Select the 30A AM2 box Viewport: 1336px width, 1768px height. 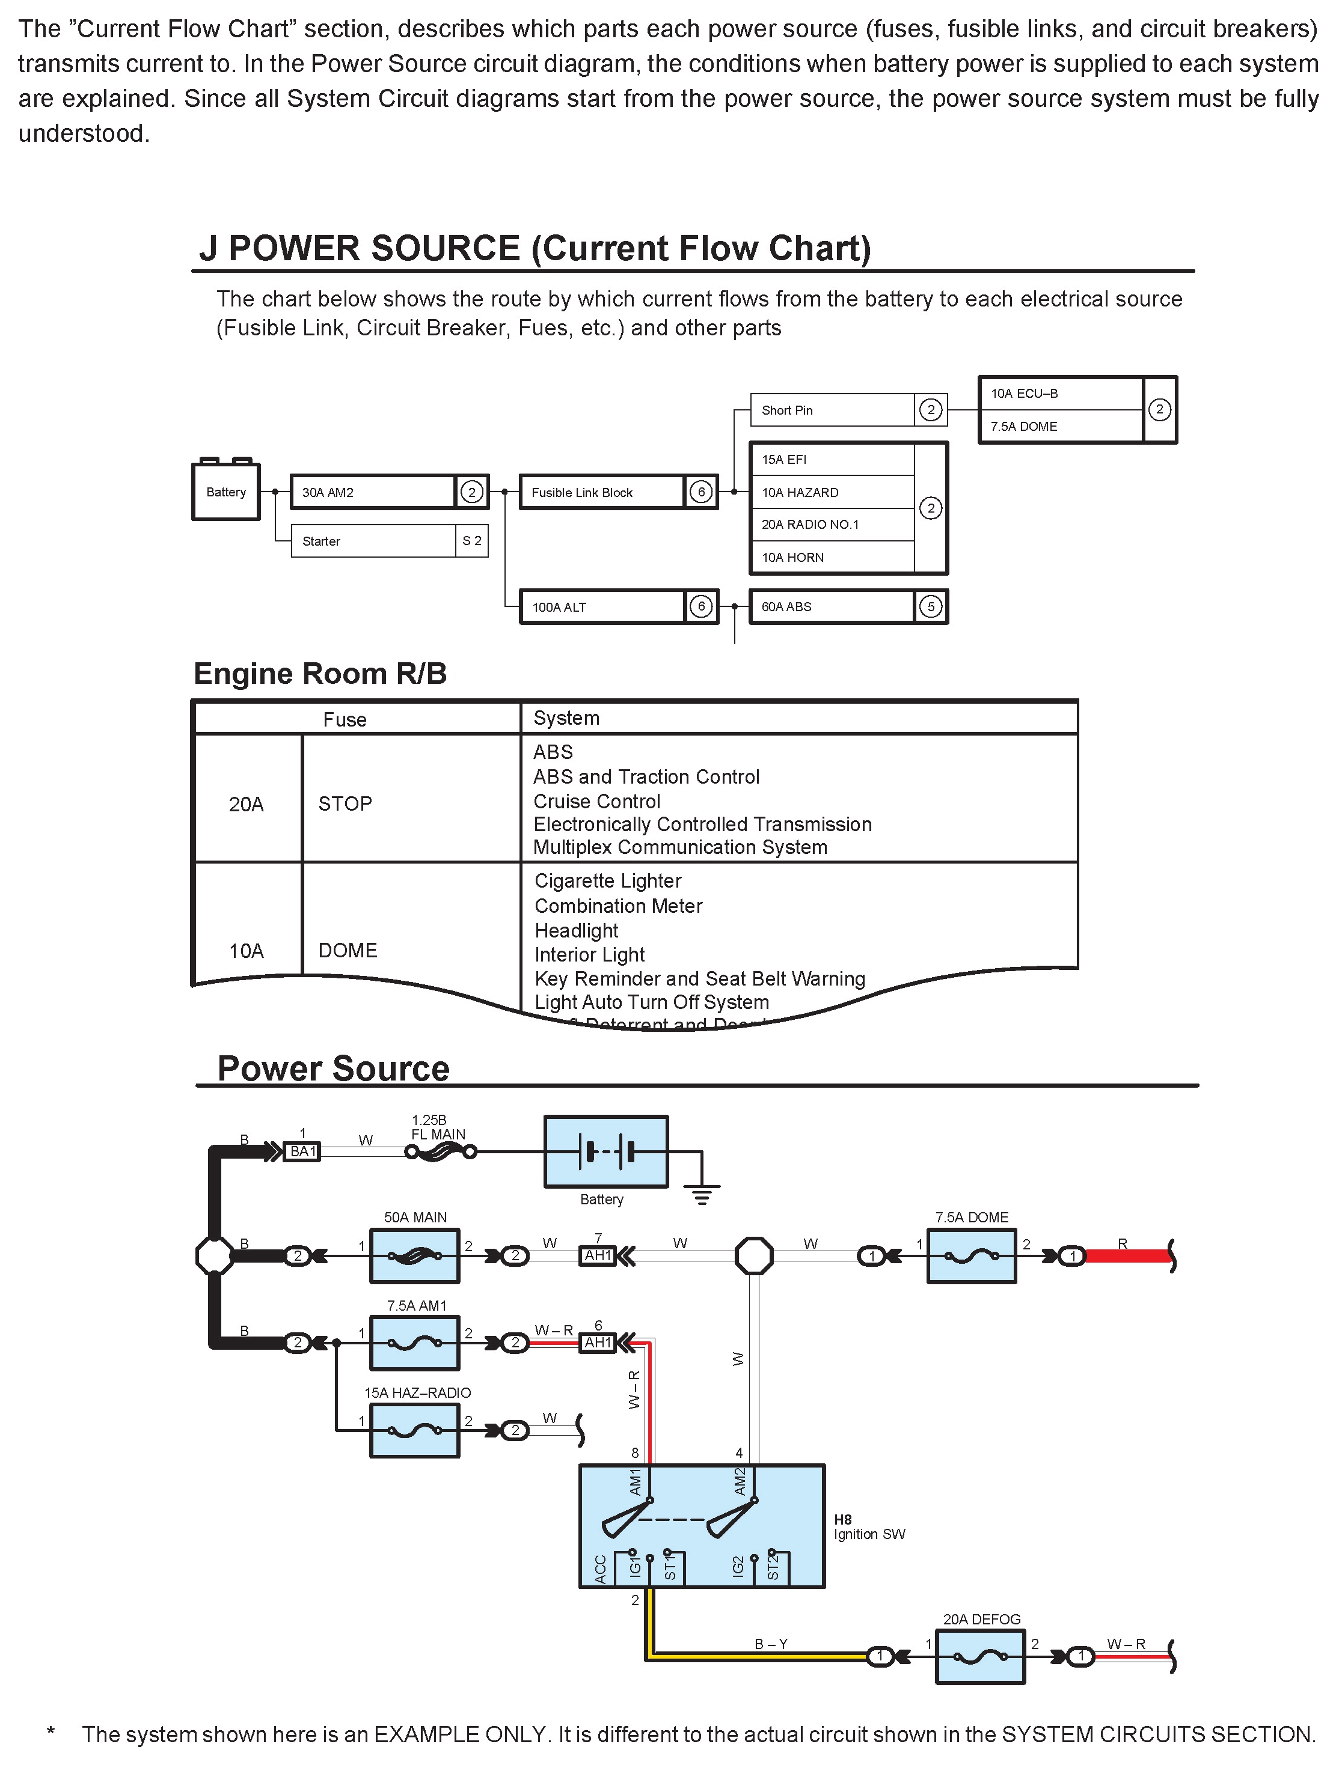(x=373, y=492)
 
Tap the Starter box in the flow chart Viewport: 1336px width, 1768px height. (x=373, y=541)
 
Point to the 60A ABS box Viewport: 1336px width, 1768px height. (x=832, y=606)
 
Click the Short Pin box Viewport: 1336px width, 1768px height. (x=832, y=410)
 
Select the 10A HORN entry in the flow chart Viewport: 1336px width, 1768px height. (x=832, y=557)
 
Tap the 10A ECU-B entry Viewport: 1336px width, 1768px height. (x=1061, y=393)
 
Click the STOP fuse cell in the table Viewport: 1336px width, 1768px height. (x=345, y=803)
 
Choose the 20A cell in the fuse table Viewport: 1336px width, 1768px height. (x=247, y=804)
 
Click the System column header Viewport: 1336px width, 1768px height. (x=566, y=718)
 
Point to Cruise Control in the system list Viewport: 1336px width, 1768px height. (x=596, y=801)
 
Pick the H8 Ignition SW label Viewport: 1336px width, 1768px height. (x=868, y=1526)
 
